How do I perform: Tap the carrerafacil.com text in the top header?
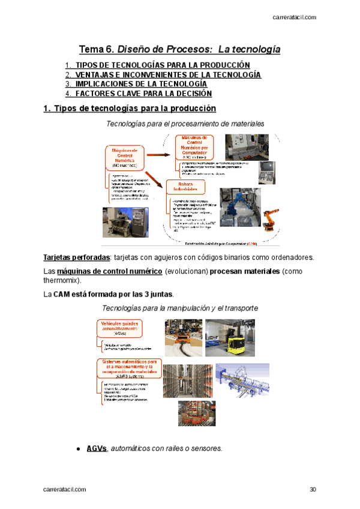tap(295, 18)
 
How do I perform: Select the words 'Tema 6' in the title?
tap(95, 49)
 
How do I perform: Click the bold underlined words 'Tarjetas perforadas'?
tap(67, 258)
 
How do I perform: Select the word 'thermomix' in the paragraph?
tap(61, 280)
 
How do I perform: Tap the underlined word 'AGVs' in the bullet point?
tap(96, 448)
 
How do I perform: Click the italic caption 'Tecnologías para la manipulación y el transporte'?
tap(180, 308)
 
